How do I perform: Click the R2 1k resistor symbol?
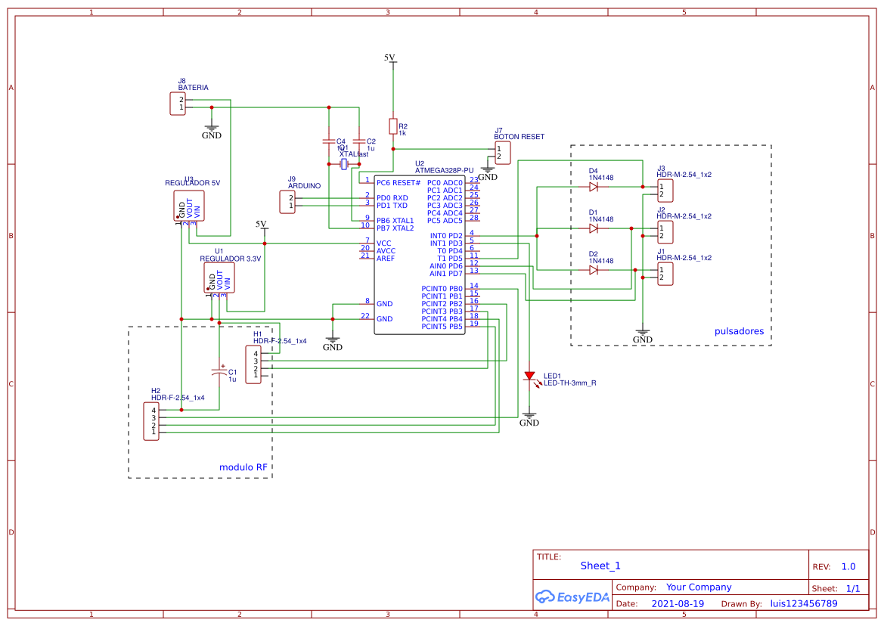click(x=392, y=126)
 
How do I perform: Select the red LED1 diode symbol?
click(x=529, y=376)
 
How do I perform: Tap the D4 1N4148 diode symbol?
click(x=594, y=186)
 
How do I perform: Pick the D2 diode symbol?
click(x=594, y=269)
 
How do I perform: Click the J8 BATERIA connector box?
click(x=178, y=104)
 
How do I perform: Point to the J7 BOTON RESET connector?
click(x=503, y=153)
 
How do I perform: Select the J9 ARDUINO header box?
click(x=287, y=202)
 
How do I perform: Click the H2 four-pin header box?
click(x=152, y=421)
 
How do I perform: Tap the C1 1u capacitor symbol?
click(x=219, y=372)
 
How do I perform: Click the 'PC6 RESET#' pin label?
click(x=398, y=183)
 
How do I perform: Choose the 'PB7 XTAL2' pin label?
click(x=395, y=228)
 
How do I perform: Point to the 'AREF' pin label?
click(x=385, y=258)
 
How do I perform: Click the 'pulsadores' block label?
click(x=739, y=331)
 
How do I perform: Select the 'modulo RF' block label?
click(x=243, y=467)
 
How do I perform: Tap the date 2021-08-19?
click(x=678, y=603)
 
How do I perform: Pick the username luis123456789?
click(x=804, y=603)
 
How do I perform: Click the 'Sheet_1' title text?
click(x=600, y=566)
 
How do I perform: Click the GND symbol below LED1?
click(x=529, y=417)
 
